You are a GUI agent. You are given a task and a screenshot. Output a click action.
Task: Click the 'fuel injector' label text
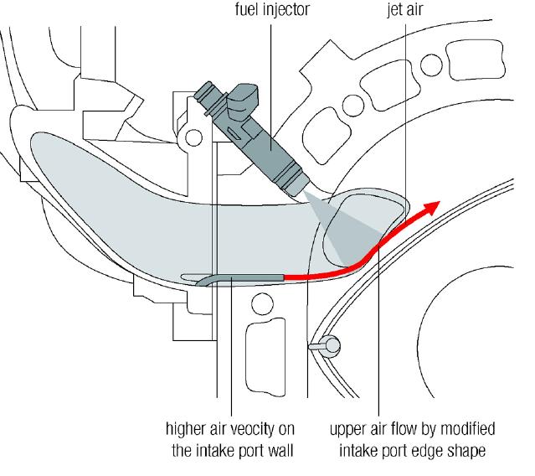[x=272, y=9]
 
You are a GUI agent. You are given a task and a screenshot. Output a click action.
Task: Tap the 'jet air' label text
[x=405, y=9]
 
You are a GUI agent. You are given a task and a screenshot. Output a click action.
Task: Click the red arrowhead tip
[x=440, y=202]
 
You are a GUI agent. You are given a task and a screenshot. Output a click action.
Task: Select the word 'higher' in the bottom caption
[x=184, y=429]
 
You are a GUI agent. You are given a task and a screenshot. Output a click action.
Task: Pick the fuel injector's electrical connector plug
[x=242, y=99]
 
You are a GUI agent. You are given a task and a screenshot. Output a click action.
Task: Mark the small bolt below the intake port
[x=326, y=346]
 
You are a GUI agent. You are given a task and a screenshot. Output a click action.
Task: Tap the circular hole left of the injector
[x=193, y=137]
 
